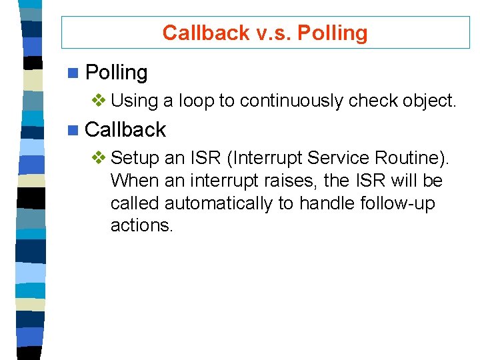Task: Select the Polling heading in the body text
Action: [x=117, y=72]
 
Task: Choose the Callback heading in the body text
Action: [x=125, y=129]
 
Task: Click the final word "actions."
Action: [x=142, y=226]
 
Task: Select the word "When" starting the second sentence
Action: [x=133, y=181]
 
